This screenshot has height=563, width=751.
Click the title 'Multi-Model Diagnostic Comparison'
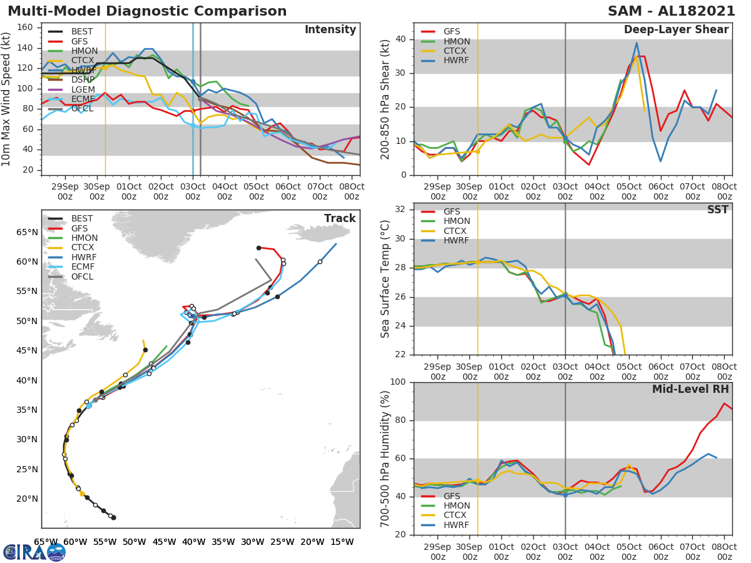point(147,11)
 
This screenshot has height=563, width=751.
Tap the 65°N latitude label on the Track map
point(27,233)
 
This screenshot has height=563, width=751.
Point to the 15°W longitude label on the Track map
point(342,542)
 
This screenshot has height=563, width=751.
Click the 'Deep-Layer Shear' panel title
point(676,30)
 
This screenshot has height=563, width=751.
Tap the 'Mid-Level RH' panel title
point(690,389)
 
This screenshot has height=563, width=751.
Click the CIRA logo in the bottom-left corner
point(34,552)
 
